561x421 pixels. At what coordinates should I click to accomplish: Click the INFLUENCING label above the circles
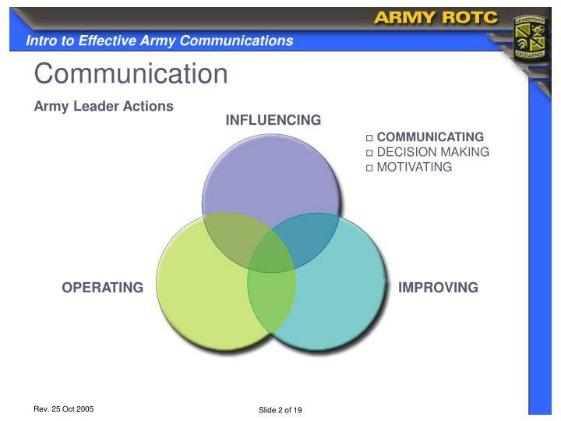pyautogui.click(x=273, y=120)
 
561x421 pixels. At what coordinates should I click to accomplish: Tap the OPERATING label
pyautogui.click(x=102, y=288)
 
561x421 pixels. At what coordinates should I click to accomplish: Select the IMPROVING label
pyautogui.click(x=438, y=288)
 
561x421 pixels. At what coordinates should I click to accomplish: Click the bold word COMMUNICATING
pyautogui.click(x=430, y=137)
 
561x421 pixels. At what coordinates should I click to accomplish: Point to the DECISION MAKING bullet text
pyautogui.click(x=432, y=152)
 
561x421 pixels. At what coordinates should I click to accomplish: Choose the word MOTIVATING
pyautogui.click(x=414, y=167)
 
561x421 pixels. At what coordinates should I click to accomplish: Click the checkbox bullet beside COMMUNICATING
pyautogui.click(x=370, y=138)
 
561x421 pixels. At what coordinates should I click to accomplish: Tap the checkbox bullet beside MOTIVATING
pyautogui.click(x=370, y=168)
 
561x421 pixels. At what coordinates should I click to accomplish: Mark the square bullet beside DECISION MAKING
pyautogui.click(x=370, y=153)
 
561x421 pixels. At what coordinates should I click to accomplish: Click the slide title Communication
pyautogui.click(x=131, y=74)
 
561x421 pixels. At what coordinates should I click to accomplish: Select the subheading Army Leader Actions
pyautogui.click(x=104, y=106)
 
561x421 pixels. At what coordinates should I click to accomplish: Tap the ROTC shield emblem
pyautogui.click(x=531, y=37)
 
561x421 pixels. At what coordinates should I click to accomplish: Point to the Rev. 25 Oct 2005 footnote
pyautogui.click(x=64, y=409)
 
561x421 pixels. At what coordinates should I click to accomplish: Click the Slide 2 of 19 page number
pyautogui.click(x=280, y=411)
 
